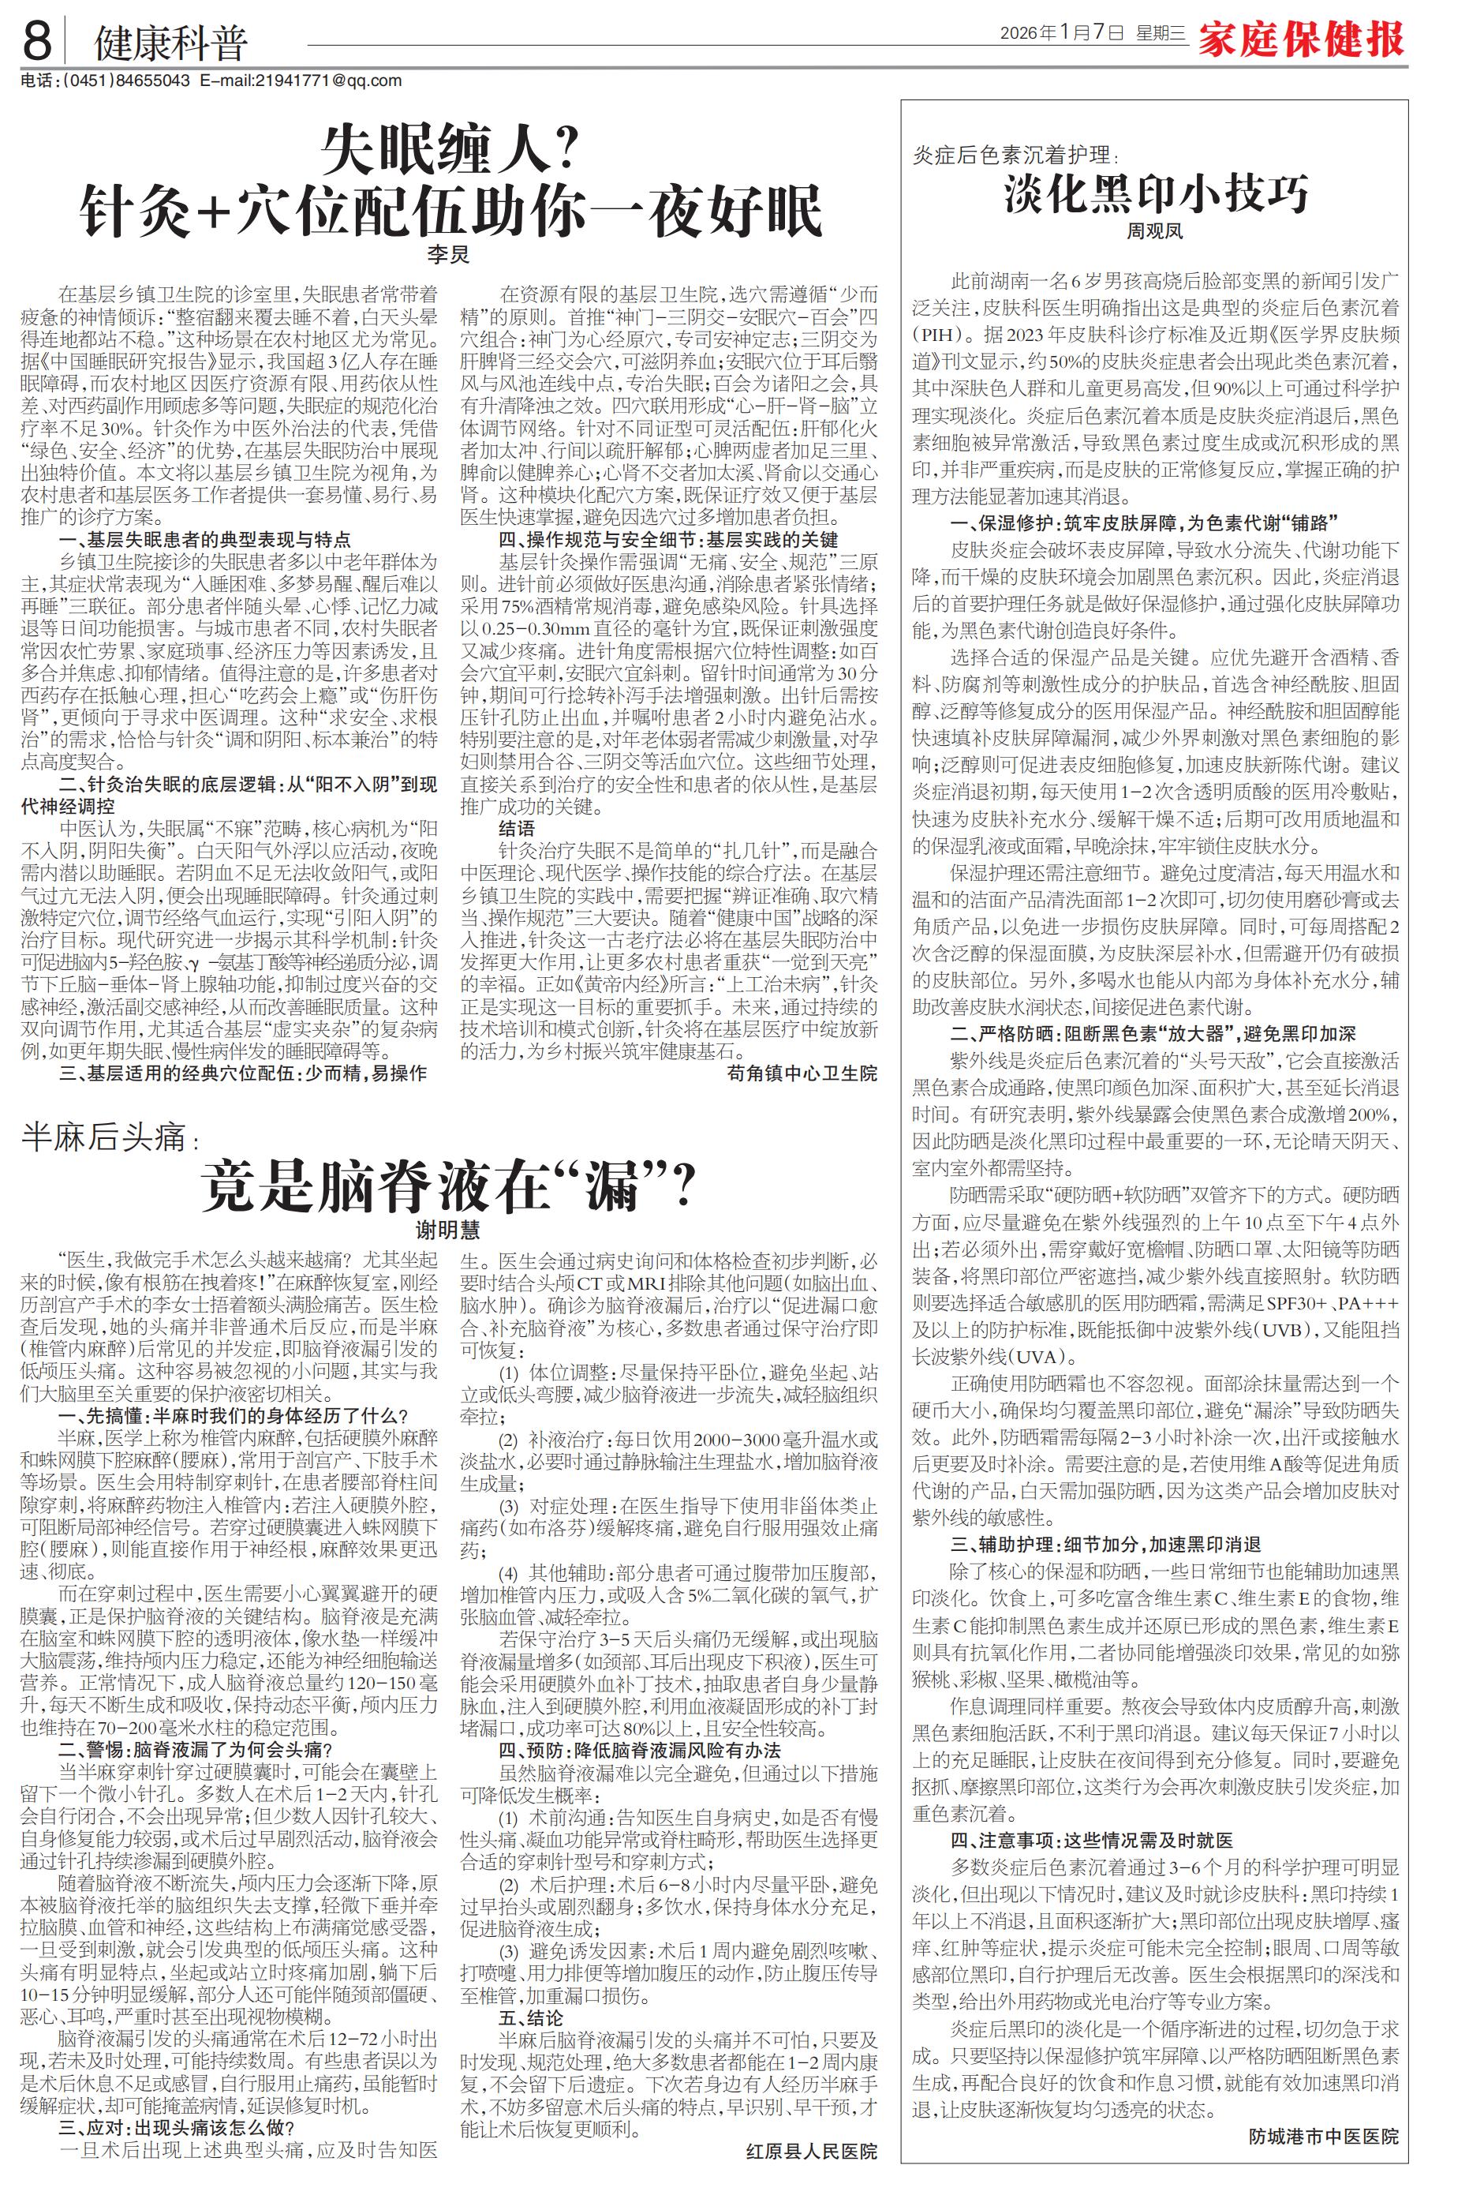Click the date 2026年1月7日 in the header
[1061, 34]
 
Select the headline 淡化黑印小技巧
[1156, 194]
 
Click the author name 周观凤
[1154, 230]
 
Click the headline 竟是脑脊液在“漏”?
[449, 1186]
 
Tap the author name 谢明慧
[448, 1230]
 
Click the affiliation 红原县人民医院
[811, 2151]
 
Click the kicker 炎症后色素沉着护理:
[1015, 155]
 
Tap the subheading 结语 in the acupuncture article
[518, 829]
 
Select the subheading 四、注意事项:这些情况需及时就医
[1091, 1840]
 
